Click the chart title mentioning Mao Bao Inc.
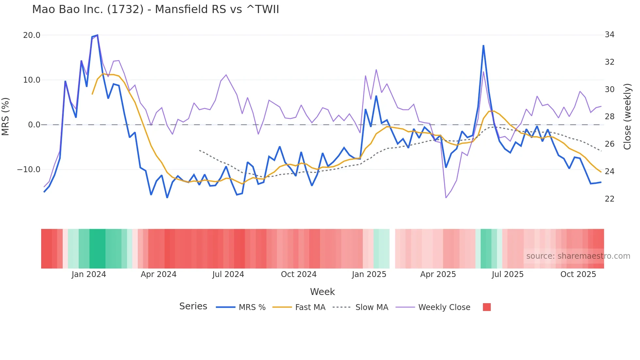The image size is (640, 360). [155, 9]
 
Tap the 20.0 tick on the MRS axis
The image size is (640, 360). [32, 35]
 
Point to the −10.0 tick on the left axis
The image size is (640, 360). [29, 170]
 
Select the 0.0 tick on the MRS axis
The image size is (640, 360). [34, 125]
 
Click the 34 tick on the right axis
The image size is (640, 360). [609, 35]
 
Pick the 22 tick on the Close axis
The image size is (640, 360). [609, 199]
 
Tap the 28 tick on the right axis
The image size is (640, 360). [609, 117]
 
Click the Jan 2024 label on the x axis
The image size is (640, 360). [89, 274]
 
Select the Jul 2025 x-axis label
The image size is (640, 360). [507, 274]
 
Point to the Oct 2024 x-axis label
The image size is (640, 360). [298, 274]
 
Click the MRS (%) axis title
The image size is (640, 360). [6, 116]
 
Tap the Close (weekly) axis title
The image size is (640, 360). [627, 117]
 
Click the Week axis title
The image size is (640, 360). [322, 292]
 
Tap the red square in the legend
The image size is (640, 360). [487, 307]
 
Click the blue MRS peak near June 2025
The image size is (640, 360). [483, 46]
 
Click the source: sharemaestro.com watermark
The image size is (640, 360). [578, 256]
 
